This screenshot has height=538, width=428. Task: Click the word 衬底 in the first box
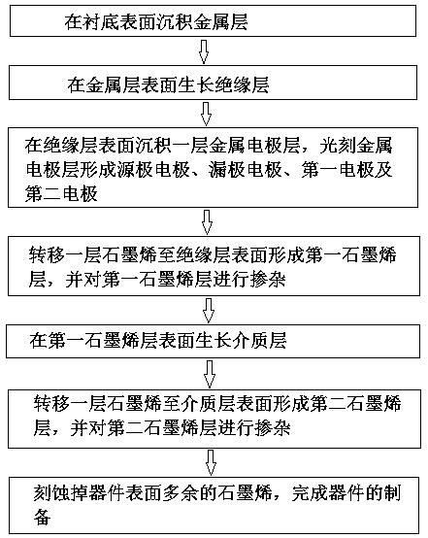point(101,21)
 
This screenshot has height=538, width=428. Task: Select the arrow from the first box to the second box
point(204,51)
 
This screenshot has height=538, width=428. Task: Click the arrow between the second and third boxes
point(206,114)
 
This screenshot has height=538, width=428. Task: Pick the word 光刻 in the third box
point(338,146)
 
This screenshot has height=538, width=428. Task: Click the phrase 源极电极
point(153,170)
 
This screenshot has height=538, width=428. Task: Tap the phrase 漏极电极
point(246,170)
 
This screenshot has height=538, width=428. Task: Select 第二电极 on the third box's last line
point(62,193)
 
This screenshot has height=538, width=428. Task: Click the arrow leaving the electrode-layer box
point(207,222)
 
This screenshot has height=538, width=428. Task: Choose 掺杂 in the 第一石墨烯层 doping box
point(268,279)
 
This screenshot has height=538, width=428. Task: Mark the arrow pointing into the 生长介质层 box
point(209,311)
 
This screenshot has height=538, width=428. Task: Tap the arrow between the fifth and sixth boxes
point(210,374)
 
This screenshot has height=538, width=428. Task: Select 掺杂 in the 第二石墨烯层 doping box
point(273,428)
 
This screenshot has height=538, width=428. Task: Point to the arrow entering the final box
point(211,463)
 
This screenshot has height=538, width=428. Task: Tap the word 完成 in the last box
point(310,493)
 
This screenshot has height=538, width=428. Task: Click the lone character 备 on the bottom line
point(43,517)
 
